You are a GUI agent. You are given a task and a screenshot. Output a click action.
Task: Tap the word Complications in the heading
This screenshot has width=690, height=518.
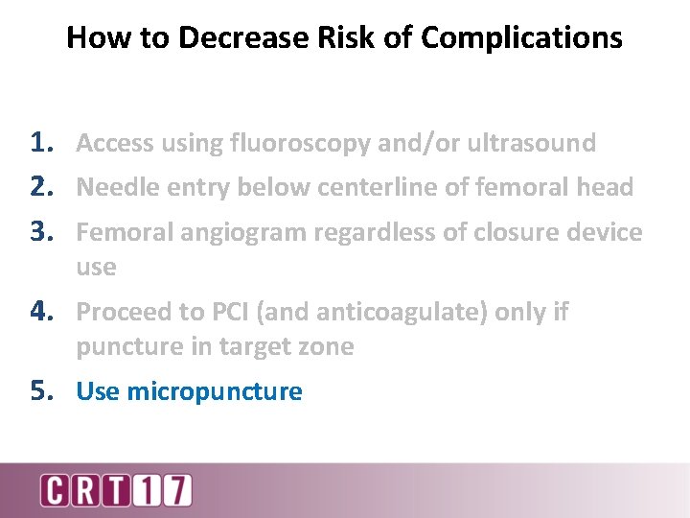coord(521,37)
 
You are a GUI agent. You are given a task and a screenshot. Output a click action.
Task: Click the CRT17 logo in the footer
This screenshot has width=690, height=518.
coord(116,490)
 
